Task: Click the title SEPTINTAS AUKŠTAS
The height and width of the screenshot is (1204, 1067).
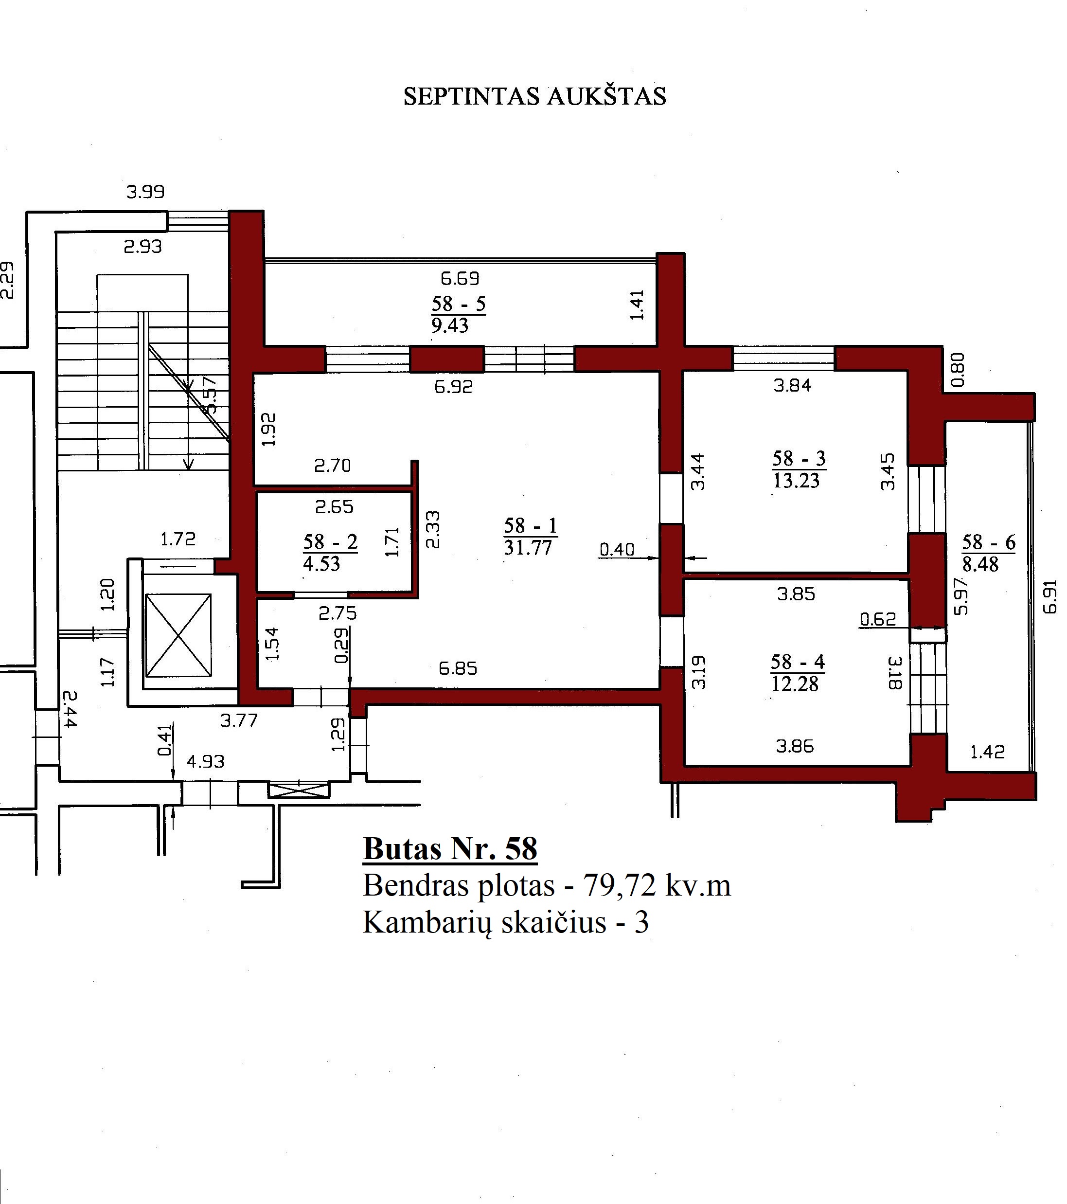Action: [x=534, y=96]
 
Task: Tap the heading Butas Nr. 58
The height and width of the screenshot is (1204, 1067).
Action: [x=450, y=849]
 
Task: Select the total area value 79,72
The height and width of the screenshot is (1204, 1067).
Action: [x=619, y=886]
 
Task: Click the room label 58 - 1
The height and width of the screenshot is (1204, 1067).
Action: [x=530, y=525]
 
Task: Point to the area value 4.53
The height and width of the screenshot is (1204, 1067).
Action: [x=321, y=564]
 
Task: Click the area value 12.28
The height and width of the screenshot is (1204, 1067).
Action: [x=796, y=684]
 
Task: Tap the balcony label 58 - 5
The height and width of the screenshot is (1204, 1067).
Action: [x=458, y=304]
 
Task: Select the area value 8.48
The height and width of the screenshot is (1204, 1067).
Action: [x=980, y=564]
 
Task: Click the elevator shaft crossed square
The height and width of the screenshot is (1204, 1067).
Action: [x=178, y=636]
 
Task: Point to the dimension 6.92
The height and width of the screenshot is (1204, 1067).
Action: [x=453, y=387]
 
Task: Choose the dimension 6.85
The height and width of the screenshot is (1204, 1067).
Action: [x=458, y=668]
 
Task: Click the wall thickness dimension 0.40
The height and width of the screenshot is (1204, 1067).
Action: [x=617, y=550]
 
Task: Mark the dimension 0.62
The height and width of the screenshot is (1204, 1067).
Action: [x=877, y=619]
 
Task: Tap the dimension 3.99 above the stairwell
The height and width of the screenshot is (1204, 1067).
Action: [x=145, y=192]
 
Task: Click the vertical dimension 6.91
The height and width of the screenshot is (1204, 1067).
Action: [x=1050, y=597]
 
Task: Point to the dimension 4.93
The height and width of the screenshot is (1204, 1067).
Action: [x=206, y=762]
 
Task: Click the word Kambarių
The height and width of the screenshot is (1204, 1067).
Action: [x=427, y=923]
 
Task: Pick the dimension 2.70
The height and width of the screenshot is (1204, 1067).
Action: [x=332, y=466]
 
